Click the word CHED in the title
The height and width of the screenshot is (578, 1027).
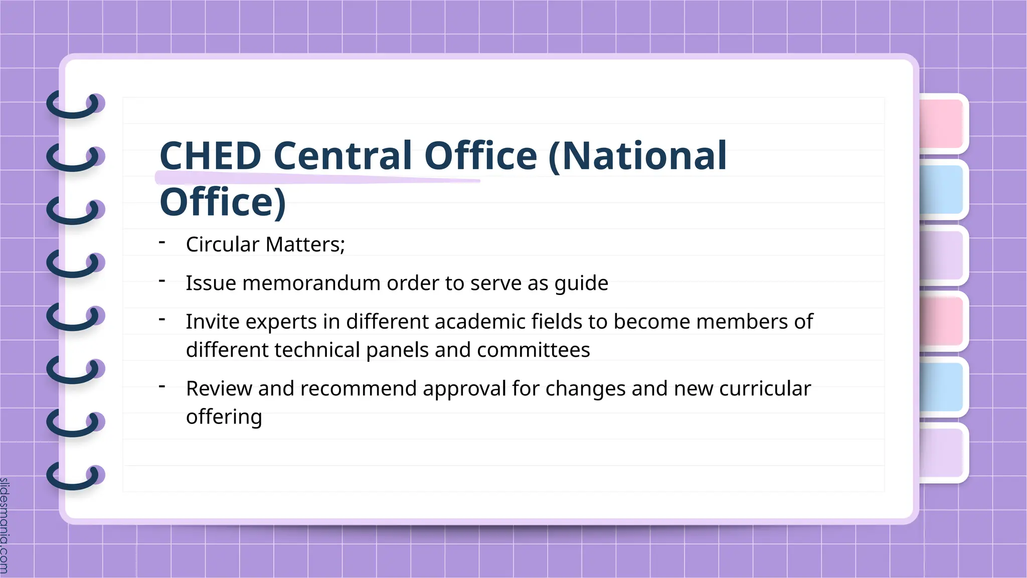210,156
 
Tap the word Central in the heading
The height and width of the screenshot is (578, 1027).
343,156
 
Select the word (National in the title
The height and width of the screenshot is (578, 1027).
637,156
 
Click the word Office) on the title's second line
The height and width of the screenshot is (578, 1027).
223,202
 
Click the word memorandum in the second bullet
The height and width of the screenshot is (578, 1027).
311,283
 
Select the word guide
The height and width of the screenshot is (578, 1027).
581,283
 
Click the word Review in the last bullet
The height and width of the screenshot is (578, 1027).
219,389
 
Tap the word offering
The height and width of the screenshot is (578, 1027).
224,417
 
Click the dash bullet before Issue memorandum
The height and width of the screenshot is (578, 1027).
162,281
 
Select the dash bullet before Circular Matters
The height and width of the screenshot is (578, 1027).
162,243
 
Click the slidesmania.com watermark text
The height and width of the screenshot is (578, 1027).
5,525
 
